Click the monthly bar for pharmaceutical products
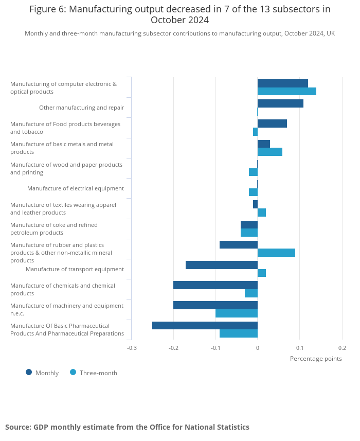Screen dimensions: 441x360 pos(205,325)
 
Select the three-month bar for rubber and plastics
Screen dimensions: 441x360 pos(276,253)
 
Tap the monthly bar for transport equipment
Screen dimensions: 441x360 pos(222,265)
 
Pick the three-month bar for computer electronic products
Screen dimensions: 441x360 pos(286,92)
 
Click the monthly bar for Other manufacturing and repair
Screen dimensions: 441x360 pos(280,103)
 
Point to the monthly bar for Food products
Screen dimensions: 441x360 pos(272,124)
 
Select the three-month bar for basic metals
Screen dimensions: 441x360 pos(269,152)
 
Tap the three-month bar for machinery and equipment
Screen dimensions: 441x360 pos(237,313)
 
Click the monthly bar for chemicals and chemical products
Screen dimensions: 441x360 pos(215,285)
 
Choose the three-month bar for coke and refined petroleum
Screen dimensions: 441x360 pos(249,233)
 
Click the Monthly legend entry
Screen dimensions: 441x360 pos(42,373)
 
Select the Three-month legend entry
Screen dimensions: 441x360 pos(94,373)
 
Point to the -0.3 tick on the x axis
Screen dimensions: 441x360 pos(132,348)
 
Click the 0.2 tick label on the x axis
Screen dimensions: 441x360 pos(342,348)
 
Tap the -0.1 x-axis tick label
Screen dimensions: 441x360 pos(215,348)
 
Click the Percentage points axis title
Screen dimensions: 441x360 pos(316,359)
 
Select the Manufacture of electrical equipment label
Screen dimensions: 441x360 pos(76,188)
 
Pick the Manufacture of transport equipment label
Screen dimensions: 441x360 pos(75,269)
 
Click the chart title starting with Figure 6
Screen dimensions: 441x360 pos(180,14)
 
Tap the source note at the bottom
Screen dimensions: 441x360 pos(127,427)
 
